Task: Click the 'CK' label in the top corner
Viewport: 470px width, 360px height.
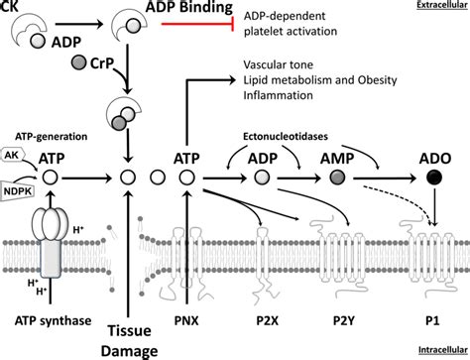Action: click(10, 7)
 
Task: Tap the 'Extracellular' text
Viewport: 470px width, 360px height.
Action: click(439, 7)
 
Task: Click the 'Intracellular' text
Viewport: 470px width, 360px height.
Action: click(439, 352)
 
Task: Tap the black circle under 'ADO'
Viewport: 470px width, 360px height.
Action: click(432, 179)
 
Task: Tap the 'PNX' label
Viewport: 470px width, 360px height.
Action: click(188, 319)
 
